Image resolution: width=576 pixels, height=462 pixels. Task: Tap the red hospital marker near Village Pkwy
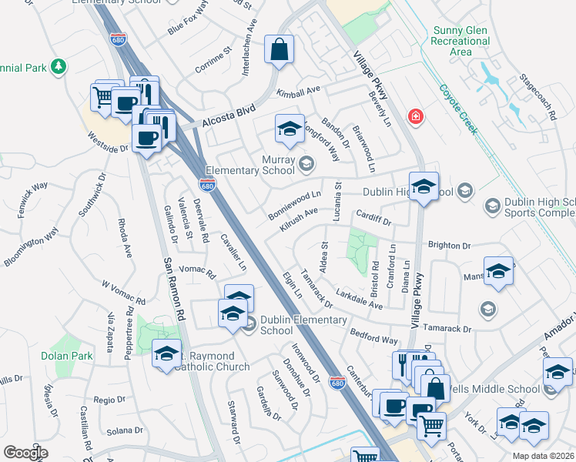point(417,117)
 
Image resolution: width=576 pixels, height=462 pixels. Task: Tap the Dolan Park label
point(67,356)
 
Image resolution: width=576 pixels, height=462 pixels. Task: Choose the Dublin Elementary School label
point(287,325)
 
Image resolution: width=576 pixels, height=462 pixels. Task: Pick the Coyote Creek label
point(457,108)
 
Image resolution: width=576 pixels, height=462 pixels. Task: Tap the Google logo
point(25,453)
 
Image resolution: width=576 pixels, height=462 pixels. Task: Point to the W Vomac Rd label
point(123,292)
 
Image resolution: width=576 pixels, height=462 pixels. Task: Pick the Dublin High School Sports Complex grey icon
point(492,206)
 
